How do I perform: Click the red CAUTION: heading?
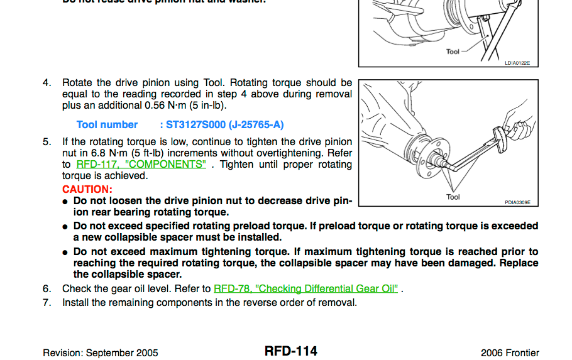[x=87, y=189]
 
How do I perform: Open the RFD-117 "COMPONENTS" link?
[x=141, y=165]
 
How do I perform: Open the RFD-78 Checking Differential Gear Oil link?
[x=305, y=289]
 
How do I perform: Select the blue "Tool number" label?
[x=107, y=125]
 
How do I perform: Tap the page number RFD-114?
[x=290, y=351]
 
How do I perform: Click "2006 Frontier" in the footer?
[x=509, y=353]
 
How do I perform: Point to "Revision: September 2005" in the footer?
[x=101, y=353]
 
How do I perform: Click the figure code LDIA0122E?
[x=517, y=63]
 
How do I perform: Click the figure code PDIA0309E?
[x=517, y=202]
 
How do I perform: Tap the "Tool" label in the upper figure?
[x=453, y=52]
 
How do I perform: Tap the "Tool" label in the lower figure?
[x=453, y=197]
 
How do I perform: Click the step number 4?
[x=47, y=83]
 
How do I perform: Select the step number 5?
[x=47, y=142]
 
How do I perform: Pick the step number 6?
[x=47, y=289]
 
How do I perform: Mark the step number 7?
[x=47, y=303]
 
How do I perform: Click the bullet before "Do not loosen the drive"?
[x=65, y=202]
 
